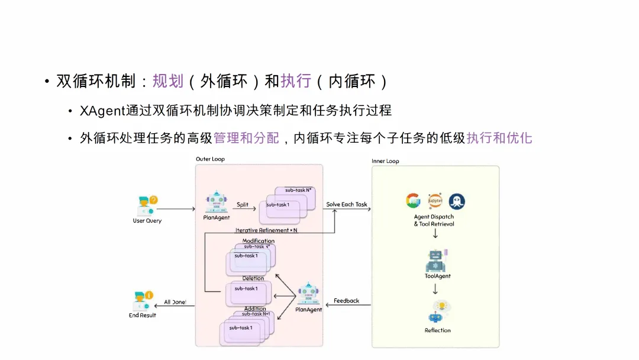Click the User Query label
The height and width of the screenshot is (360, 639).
(147, 221)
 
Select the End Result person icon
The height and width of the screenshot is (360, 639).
(143, 300)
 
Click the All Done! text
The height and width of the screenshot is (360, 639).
(175, 302)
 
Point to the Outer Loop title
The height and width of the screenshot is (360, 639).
(210, 159)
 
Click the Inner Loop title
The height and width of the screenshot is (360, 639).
(385, 161)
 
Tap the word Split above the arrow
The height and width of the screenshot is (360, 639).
(243, 204)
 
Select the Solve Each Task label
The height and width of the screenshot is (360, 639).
(347, 204)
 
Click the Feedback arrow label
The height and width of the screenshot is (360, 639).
(346, 301)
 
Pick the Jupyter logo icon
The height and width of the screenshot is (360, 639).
(435, 201)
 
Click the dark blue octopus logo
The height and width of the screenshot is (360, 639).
(457, 201)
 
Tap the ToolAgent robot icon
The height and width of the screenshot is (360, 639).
(437, 260)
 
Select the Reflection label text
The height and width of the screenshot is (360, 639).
(437, 330)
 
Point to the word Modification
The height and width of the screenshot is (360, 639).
(259, 241)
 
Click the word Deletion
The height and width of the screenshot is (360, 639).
(253, 278)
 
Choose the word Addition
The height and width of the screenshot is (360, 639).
(255, 308)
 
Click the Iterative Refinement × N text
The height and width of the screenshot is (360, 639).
(266, 230)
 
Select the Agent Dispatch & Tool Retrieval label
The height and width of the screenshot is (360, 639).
(434, 220)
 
